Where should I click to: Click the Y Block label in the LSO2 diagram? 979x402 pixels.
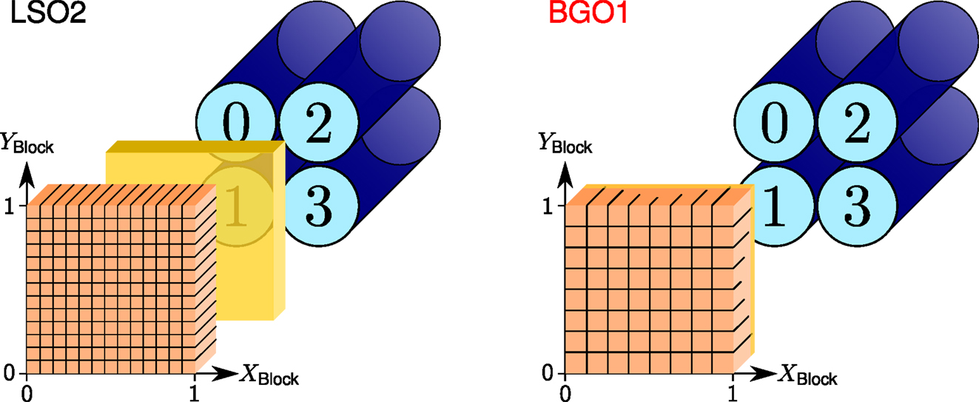[28, 143]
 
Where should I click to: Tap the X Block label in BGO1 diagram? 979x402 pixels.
[807, 375]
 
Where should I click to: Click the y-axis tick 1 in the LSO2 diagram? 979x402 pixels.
[10, 207]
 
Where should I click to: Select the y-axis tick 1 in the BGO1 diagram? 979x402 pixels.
[548, 207]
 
